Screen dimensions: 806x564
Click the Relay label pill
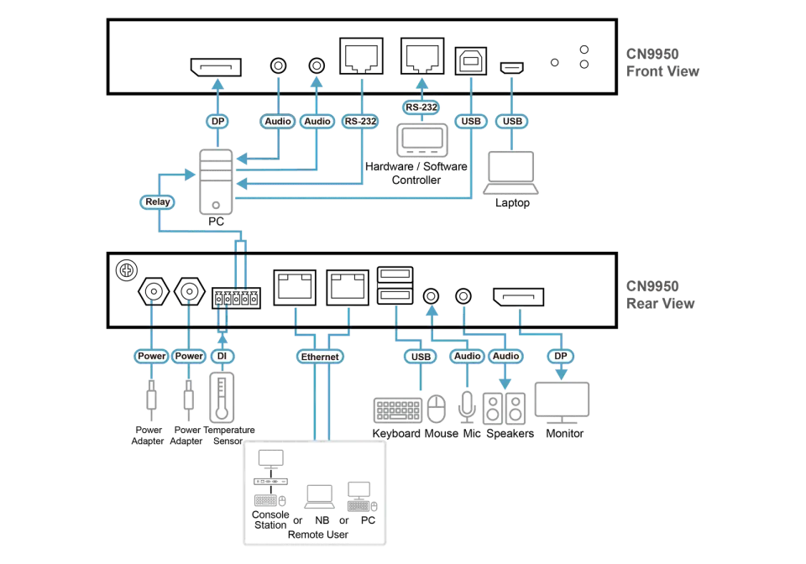157,202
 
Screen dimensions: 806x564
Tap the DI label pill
222,356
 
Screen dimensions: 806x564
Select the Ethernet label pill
320,357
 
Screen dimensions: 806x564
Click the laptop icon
511,173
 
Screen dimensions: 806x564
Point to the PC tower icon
216,181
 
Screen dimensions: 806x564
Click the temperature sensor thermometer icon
222,397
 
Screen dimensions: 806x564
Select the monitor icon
562,403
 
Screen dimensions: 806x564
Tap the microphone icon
467,407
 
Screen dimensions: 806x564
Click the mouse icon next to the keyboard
437,409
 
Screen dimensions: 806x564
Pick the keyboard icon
398,410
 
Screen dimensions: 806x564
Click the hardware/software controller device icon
422,140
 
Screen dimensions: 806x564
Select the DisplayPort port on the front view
216,67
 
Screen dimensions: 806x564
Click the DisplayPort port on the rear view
518,297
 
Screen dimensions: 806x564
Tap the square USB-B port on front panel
471,61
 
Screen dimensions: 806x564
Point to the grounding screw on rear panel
127,270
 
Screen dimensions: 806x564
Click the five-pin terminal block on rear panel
237,298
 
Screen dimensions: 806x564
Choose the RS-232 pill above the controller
421,107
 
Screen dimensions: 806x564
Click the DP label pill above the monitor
560,356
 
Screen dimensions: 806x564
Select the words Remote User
317,535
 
